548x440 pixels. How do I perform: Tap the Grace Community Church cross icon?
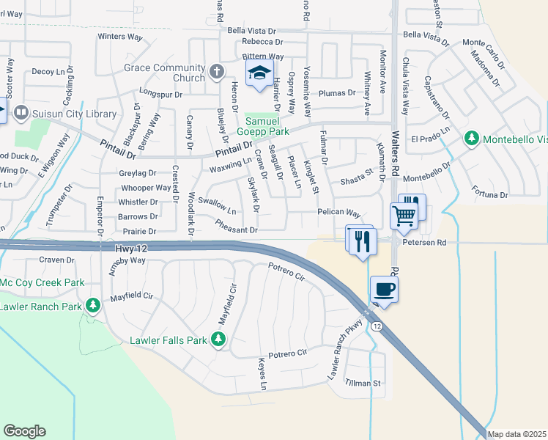216,72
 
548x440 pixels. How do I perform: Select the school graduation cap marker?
258,73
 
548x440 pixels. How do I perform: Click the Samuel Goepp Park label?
267,126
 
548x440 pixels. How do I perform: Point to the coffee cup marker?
384,289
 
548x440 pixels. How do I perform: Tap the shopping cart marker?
403,215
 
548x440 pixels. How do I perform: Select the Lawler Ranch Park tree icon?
92,304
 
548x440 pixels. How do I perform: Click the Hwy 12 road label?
131,249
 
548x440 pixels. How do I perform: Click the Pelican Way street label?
339,213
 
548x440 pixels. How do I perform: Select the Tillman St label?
364,383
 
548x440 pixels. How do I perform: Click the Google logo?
24,431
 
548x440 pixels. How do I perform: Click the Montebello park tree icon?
473,138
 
